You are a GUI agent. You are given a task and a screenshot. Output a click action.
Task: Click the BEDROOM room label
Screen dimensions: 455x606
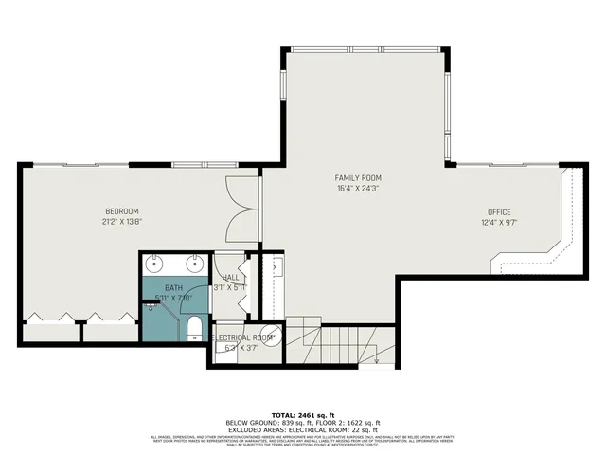[x=122, y=210]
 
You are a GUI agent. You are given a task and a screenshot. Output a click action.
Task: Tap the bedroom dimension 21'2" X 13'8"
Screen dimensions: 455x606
[x=122, y=221]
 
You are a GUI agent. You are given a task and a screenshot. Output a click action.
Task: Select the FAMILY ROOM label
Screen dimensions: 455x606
[x=358, y=178]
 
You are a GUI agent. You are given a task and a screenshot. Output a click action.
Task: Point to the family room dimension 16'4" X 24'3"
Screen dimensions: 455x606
[x=358, y=189]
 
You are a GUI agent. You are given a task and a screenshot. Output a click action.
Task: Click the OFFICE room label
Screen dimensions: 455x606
[x=499, y=211]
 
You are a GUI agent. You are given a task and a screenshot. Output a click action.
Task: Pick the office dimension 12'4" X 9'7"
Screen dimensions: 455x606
[x=499, y=223]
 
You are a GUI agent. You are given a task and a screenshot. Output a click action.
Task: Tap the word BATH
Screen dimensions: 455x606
[x=173, y=287]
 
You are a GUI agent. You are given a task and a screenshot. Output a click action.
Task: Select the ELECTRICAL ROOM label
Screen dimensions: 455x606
[x=242, y=337]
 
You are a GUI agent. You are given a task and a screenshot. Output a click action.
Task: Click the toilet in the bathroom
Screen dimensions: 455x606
[x=194, y=329]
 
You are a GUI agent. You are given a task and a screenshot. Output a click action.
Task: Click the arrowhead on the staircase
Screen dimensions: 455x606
[x=377, y=359]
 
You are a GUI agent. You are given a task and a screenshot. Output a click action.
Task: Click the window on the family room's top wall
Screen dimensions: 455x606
[x=367, y=49]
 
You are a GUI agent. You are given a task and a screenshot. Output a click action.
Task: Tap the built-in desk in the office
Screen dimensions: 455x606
[x=559, y=237]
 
